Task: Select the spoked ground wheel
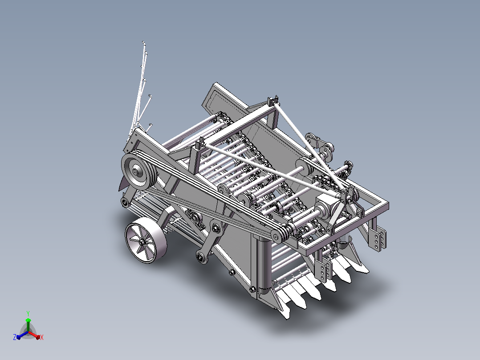(x=146, y=242)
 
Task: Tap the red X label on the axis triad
(x=42, y=337)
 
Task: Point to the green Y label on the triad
(x=28, y=313)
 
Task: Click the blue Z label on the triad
(x=15, y=337)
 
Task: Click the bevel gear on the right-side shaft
(x=347, y=168)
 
